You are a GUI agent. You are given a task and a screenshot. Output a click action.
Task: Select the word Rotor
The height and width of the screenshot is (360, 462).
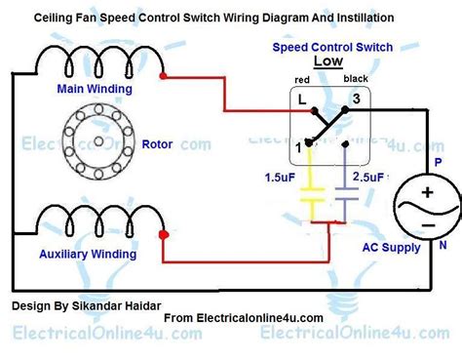tap(157, 144)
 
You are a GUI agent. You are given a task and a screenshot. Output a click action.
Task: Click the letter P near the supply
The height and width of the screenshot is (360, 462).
tap(439, 163)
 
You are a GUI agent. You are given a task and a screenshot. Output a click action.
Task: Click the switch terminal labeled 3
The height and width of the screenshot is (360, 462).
tap(357, 100)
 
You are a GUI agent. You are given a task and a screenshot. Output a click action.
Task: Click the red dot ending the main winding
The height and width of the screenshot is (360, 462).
tap(167, 75)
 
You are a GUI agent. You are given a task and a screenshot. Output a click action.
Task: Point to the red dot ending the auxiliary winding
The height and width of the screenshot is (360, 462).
tap(163, 234)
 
